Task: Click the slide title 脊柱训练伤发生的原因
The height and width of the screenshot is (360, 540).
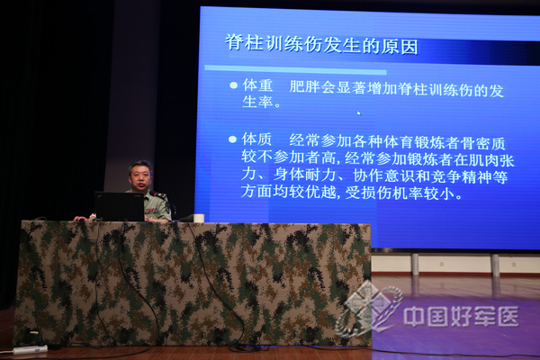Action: [321, 44]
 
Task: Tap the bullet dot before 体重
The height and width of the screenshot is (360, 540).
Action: [233, 85]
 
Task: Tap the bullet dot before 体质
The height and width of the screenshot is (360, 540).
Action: [233, 139]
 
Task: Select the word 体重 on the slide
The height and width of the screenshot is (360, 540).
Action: [258, 85]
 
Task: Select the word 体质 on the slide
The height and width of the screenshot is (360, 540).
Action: [256, 139]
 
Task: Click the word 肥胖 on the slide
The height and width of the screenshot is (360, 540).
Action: [305, 86]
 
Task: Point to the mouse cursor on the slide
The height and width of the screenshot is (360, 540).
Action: [359, 113]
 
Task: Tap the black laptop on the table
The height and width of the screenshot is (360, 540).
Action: [120, 206]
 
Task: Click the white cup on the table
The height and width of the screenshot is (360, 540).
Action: [199, 218]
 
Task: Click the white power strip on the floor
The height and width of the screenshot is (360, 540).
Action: [30, 349]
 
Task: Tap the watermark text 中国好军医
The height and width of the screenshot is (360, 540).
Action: [461, 316]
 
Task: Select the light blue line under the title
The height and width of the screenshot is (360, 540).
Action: [295, 69]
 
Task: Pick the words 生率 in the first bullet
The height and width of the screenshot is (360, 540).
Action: [257, 102]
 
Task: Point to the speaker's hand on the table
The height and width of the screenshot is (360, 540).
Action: [81, 219]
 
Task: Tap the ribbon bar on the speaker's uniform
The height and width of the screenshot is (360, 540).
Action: [150, 211]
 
